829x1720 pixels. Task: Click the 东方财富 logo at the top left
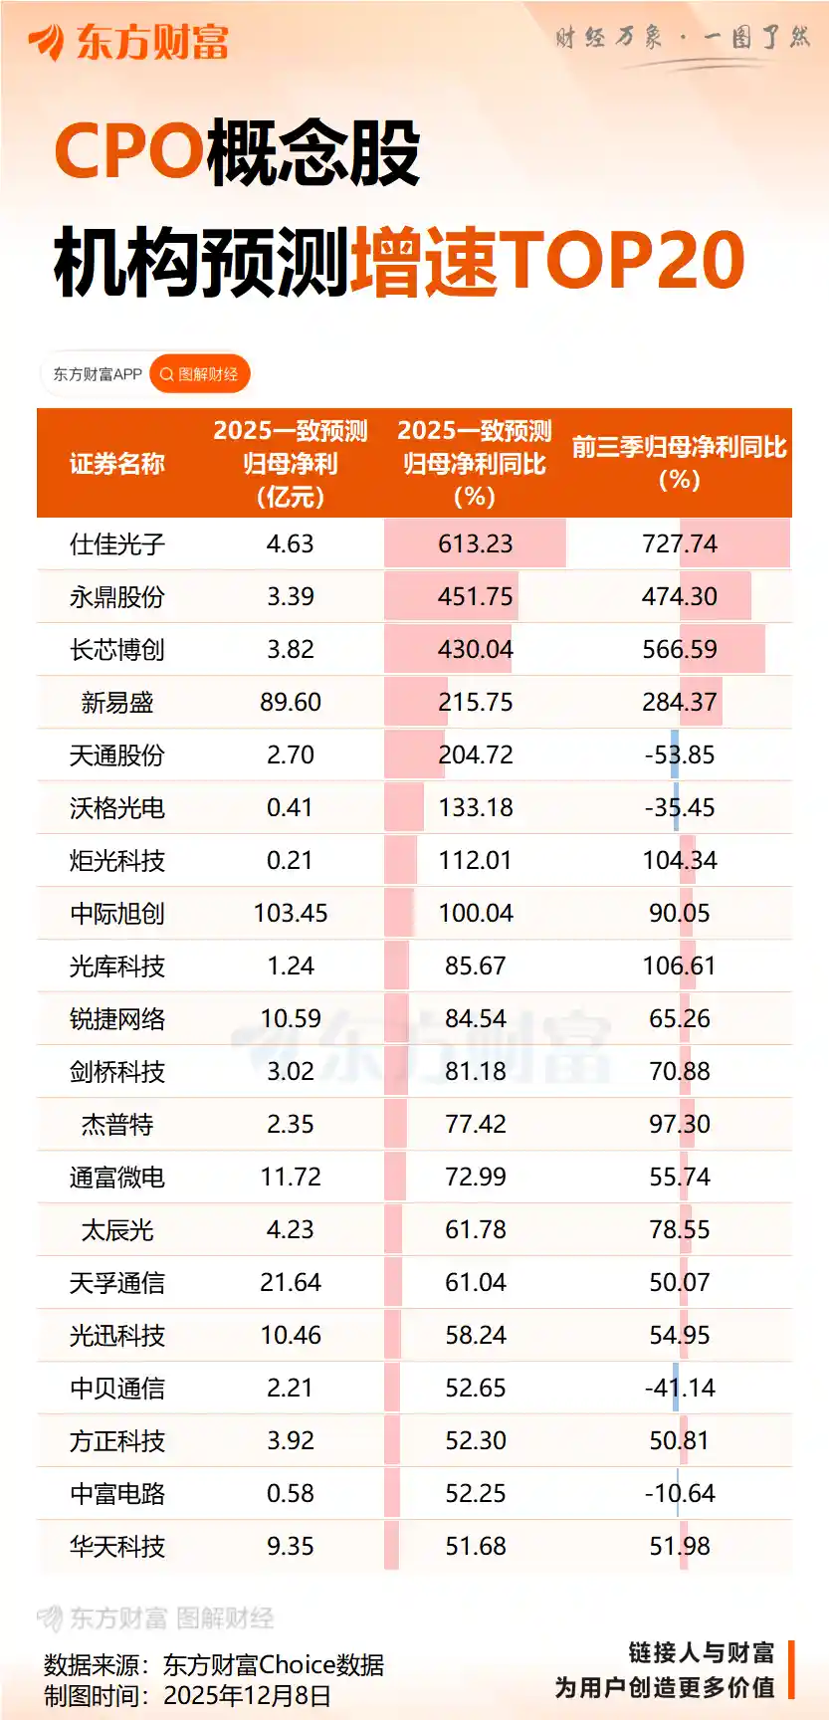[129, 42]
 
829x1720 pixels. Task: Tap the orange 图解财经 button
[199, 374]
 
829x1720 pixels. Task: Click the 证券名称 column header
[116, 464]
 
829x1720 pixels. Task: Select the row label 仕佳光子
[116, 544]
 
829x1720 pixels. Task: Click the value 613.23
[475, 544]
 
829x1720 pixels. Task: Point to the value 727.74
[680, 544]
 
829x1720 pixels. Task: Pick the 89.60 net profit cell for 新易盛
[290, 703]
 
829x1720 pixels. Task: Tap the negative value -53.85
[680, 755]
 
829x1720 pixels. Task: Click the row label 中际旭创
[116, 914]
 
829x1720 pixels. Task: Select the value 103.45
[290, 914]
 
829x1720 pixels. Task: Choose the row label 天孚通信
[116, 1283]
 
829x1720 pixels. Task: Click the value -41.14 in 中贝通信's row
[680, 1389]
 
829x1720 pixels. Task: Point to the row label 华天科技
[116, 1547]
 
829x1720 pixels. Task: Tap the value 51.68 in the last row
[475, 1547]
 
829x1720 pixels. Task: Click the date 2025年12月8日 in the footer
[247, 1695]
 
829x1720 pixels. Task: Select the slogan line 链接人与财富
[701, 1653]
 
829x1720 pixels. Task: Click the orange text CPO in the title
[128, 152]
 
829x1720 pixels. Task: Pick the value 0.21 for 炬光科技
[290, 861]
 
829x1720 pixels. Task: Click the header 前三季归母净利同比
[680, 448]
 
